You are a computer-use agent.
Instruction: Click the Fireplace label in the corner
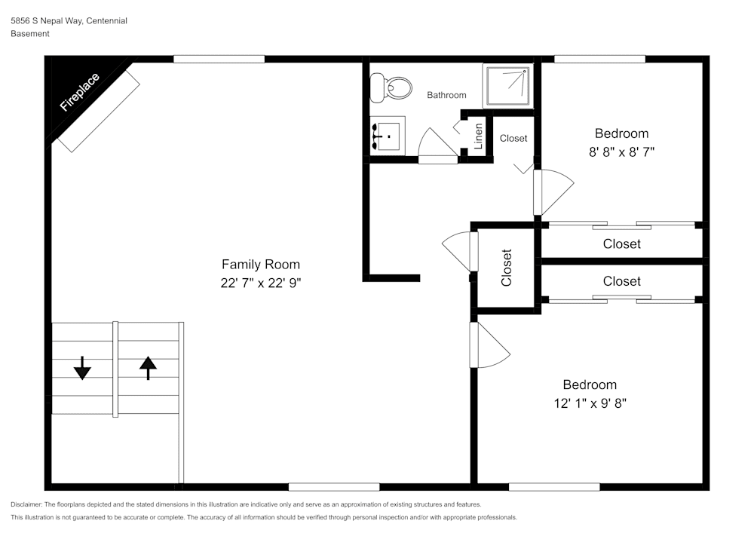coord(79,93)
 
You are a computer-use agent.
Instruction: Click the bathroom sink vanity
coord(388,136)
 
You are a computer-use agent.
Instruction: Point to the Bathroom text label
coord(446,95)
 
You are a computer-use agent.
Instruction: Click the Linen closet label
coord(478,135)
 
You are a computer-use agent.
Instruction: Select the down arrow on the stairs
coord(82,369)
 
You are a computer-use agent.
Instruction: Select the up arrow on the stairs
coord(148,367)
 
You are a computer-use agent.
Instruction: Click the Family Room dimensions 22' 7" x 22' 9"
coord(260,283)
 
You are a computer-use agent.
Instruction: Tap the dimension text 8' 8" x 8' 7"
coord(621,152)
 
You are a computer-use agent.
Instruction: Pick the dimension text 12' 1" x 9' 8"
coord(590,403)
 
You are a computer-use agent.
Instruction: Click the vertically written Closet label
coord(507,268)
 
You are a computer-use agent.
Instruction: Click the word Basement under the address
coord(30,34)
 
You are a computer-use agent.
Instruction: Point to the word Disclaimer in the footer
coord(26,504)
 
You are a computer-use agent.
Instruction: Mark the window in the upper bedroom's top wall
coord(599,59)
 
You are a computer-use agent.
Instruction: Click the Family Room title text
coord(260,265)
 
